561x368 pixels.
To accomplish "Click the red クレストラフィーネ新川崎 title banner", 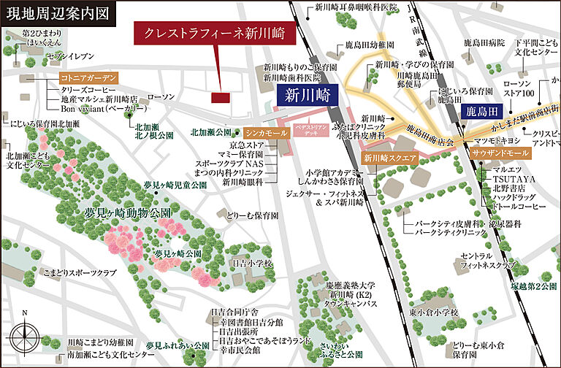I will (x=210, y=34).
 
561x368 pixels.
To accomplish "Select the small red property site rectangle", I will (x=220, y=97).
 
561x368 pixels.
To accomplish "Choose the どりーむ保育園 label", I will (x=253, y=216).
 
